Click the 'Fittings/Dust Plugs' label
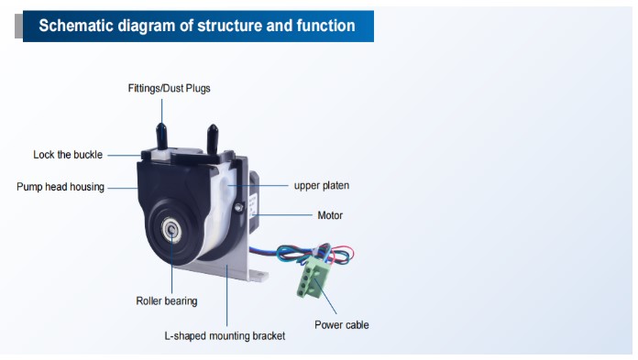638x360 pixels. [x=169, y=88]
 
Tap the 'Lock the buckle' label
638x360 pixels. [x=68, y=155]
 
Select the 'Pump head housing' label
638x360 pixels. [x=60, y=187]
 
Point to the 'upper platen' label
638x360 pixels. [x=322, y=185]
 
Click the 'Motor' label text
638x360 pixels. [x=330, y=215]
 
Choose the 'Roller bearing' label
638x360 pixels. [x=167, y=301]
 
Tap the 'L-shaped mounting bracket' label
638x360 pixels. [x=225, y=336]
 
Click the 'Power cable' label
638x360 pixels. [x=341, y=325]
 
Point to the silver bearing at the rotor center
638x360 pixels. [x=171, y=230]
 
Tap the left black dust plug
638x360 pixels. [x=161, y=136]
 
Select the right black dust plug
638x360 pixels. [x=213, y=138]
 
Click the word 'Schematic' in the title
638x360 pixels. [x=76, y=26]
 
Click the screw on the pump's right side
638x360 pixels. [x=239, y=207]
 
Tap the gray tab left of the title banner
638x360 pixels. [x=18, y=26]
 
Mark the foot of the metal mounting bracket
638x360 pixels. [x=258, y=276]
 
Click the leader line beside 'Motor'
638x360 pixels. [x=281, y=214]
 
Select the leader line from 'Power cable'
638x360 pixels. [x=325, y=296]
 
